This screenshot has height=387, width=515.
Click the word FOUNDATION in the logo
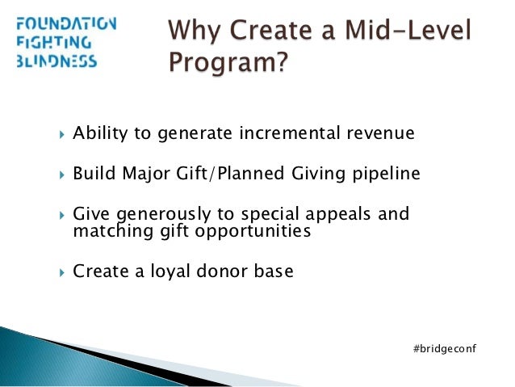(65, 23)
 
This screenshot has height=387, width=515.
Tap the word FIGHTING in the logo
(50, 42)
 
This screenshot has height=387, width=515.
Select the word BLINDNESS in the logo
(56, 61)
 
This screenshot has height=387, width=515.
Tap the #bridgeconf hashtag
(445, 347)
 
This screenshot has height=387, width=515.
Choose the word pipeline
(387, 175)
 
